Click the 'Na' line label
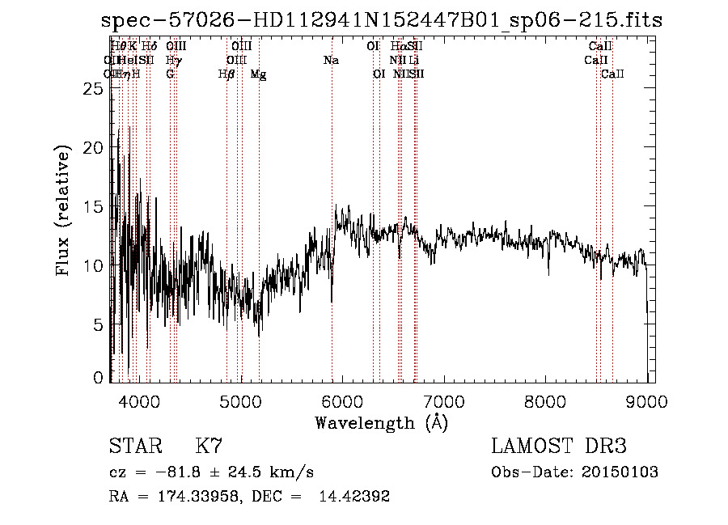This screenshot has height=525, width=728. coord(331,60)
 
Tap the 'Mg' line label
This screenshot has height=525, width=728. coord(258,74)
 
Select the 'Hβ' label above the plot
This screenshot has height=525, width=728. coord(226,74)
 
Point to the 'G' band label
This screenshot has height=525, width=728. coord(170,74)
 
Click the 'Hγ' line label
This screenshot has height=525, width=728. coord(171,60)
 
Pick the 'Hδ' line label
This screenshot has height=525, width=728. coord(150,47)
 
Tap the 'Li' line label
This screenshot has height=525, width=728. coord(413,60)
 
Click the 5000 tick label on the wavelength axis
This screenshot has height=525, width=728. coord(241,401)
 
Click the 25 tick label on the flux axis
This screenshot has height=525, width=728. coord(95,89)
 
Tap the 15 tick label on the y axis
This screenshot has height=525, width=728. coord(95,206)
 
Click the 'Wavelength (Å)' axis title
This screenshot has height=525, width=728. coord(381,422)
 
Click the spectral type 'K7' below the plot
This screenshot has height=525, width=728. coord(209,446)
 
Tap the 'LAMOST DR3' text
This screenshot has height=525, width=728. coord(559,446)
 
